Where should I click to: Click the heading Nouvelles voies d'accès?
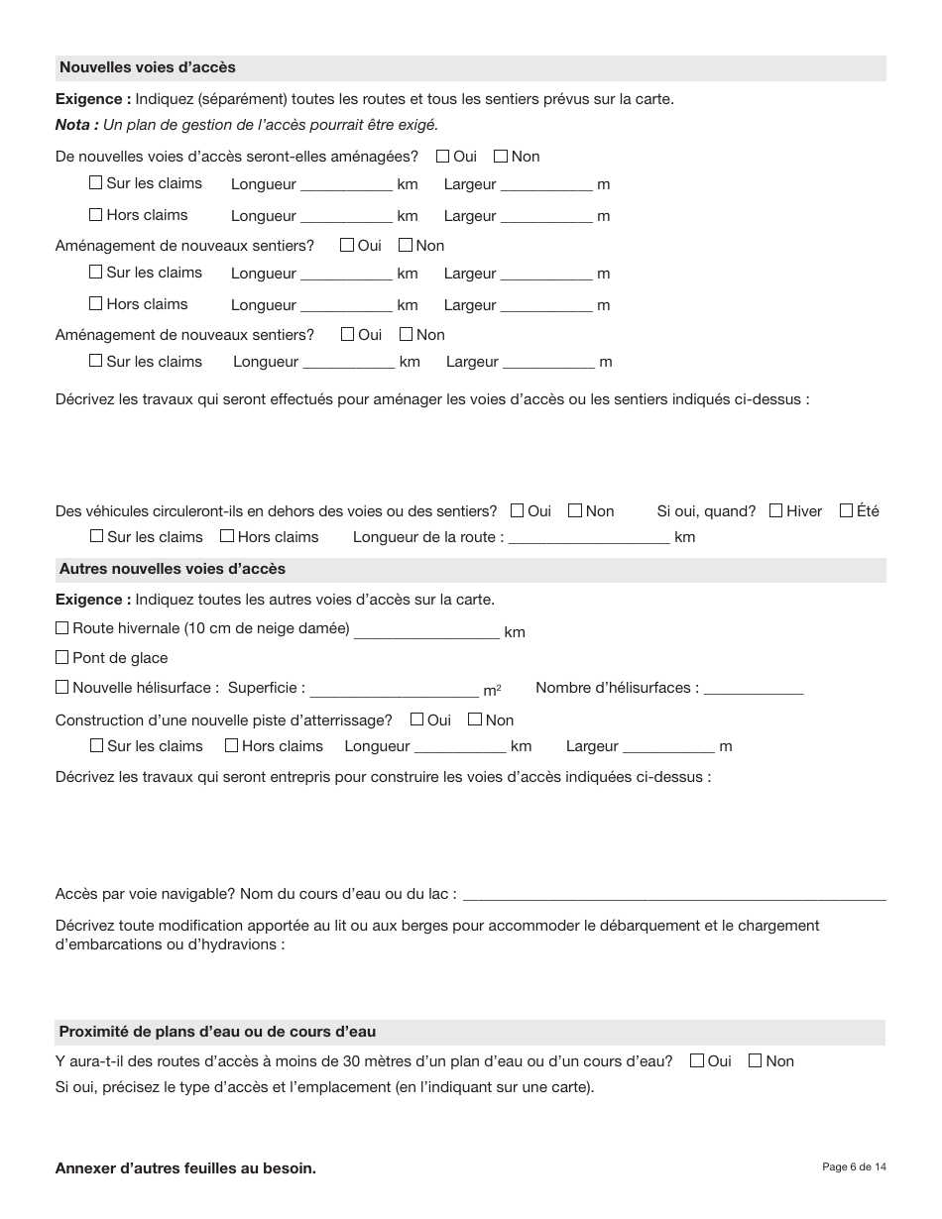tap(148, 67)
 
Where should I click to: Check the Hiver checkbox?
tap(776, 510)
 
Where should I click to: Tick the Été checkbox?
tap(846, 510)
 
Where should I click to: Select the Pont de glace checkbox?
tap(62, 657)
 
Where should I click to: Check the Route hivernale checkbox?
tap(62, 627)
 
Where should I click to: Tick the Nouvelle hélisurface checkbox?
tap(62, 687)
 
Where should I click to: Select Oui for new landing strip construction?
tap(417, 720)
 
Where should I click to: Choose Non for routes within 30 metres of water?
tap(756, 1060)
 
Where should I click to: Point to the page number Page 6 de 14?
tap(854, 1166)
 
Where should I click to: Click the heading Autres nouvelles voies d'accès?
tap(173, 569)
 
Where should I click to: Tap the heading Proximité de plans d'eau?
tap(217, 1032)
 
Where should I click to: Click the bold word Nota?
tap(75, 125)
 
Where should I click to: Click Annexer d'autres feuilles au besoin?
tap(185, 1168)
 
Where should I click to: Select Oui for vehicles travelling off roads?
tap(518, 510)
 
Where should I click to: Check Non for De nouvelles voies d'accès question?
tap(501, 156)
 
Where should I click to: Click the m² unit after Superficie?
tap(492, 690)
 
